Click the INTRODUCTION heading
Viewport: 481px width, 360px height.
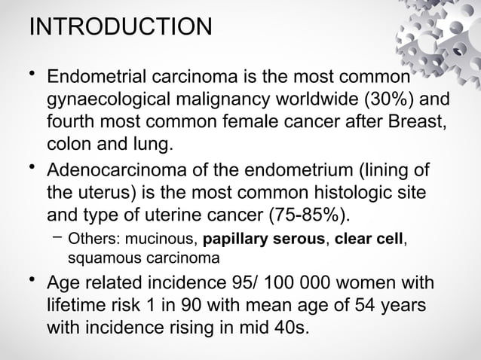pos(119,28)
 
